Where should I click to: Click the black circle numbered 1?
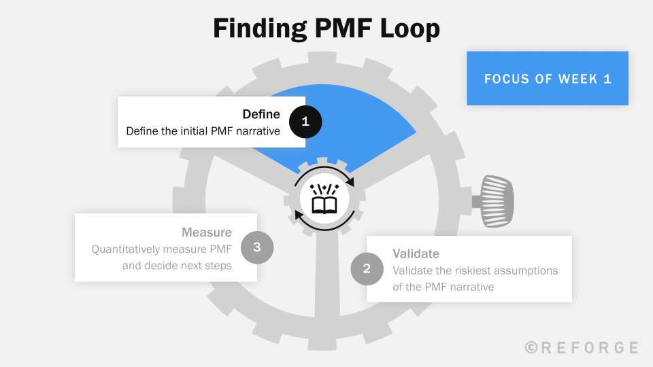tap(305, 122)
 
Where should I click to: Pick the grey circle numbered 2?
tap(367, 268)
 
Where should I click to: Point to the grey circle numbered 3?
tap(257, 247)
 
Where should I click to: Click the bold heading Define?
tap(261, 114)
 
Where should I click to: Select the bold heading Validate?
tap(416, 254)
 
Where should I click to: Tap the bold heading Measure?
tap(206, 232)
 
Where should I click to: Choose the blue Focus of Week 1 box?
tap(548, 78)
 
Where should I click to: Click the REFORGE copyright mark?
tap(582, 347)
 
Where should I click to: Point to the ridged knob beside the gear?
tap(497, 200)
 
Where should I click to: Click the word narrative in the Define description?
tap(256, 131)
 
